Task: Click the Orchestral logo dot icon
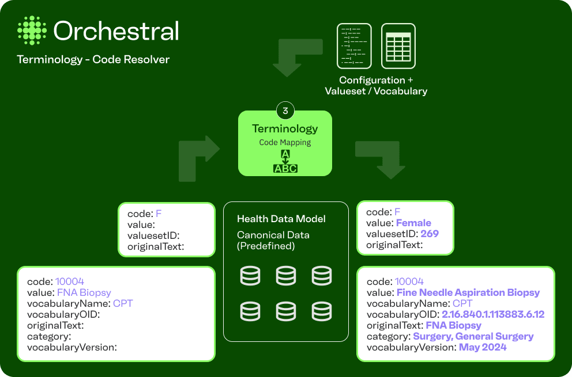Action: point(32,31)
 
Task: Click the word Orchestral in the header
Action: point(116,31)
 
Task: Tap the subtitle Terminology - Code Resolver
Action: point(93,60)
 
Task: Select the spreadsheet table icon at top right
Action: point(398,46)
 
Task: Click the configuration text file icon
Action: point(354,46)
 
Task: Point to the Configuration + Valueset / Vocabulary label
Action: point(376,86)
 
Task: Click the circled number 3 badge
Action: point(285,111)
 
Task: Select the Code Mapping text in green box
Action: point(285,142)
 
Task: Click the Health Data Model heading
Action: point(281,219)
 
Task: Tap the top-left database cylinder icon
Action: point(250,276)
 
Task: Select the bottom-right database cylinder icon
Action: point(322,311)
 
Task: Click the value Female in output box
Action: point(413,223)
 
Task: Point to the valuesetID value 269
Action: point(430,234)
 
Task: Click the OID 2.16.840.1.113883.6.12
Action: point(493,314)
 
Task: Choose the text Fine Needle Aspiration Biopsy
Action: point(468,292)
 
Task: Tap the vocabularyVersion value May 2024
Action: point(483,347)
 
